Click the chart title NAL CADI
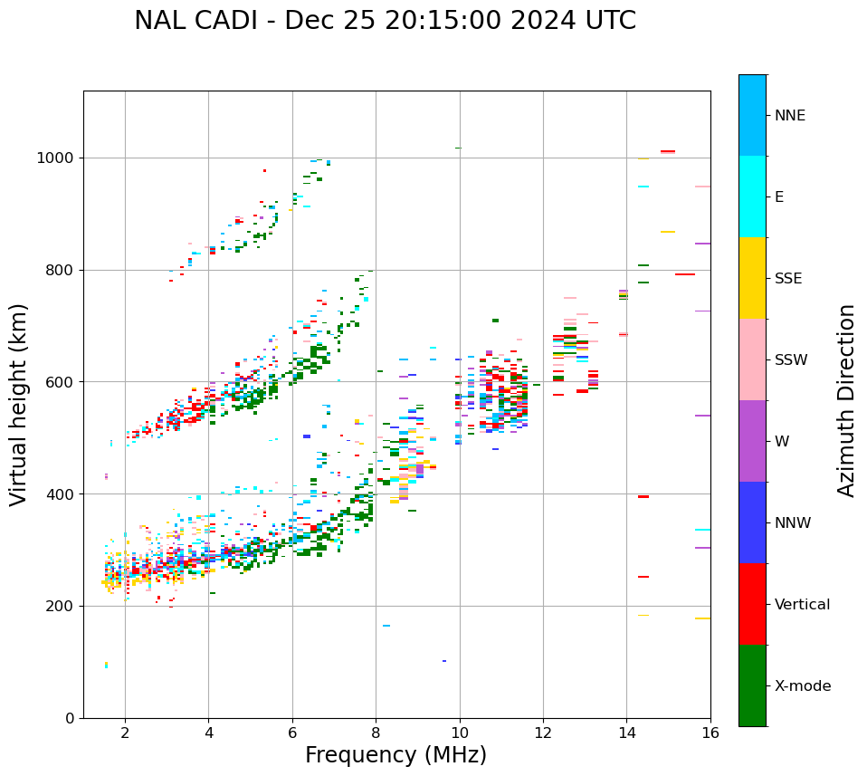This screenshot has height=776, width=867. coord(385,21)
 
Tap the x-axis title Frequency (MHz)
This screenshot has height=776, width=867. coord(395,755)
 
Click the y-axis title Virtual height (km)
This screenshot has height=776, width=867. coord(19,404)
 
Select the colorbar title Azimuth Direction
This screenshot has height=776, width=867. coord(846,400)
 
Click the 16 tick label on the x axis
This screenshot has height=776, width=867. coord(710,733)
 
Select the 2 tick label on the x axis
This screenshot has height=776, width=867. coord(125,733)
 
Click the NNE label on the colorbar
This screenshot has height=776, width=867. coord(790,116)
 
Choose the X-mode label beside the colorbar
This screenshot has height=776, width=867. coord(803,686)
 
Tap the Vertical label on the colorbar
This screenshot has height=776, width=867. coord(802,605)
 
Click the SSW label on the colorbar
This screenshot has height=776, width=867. coord(791,360)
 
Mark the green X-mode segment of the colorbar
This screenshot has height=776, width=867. coord(752,685)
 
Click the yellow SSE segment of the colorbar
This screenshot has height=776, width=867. coord(752,278)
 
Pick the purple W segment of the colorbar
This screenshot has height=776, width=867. coord(752,441)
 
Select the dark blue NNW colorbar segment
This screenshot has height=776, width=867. coord(752,522)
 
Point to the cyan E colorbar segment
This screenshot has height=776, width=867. coord(752,196)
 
